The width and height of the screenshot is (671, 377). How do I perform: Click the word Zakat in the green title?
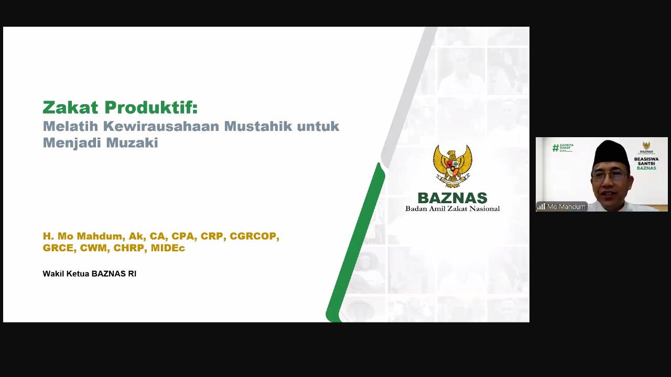pyautogui.click(x=70, y=107)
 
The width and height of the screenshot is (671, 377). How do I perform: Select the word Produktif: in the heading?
pyautogui.click(x=151, y=107)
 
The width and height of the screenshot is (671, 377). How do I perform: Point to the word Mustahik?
pyautogui.click(x=258, y=126)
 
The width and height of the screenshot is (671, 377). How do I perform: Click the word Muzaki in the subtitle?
pyautogui.click(x=132, y=142)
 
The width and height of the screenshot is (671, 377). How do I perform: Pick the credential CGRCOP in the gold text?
pyautogui.click(x=254, y=236)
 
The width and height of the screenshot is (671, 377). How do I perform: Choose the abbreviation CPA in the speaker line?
pyautogui.click(x=183, y=236)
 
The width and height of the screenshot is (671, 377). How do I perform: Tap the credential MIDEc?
pyautogui.click(x=168, y=248)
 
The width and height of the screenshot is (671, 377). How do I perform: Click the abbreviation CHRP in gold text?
pyautogui.click(x=129, y=248)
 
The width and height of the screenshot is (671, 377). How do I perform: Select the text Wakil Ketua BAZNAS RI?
pyautogui.click(x=90, y=274)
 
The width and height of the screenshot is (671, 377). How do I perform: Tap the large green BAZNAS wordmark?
pyautogui.click(x=452, y=198)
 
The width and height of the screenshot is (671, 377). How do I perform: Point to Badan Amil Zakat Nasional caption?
pyautogui.click(x=452, y=208)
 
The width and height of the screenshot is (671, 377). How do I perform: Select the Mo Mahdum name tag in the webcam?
pyautogui.click(x=561, y=206)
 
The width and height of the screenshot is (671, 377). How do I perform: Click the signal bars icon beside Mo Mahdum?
pyautogui.click(x=541, y=206)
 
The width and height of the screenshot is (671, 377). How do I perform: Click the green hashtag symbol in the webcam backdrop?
pyautogui.click(x=556, y=148)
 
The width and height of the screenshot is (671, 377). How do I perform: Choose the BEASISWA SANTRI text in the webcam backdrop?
pyautogui.click(x=646, y=161)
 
